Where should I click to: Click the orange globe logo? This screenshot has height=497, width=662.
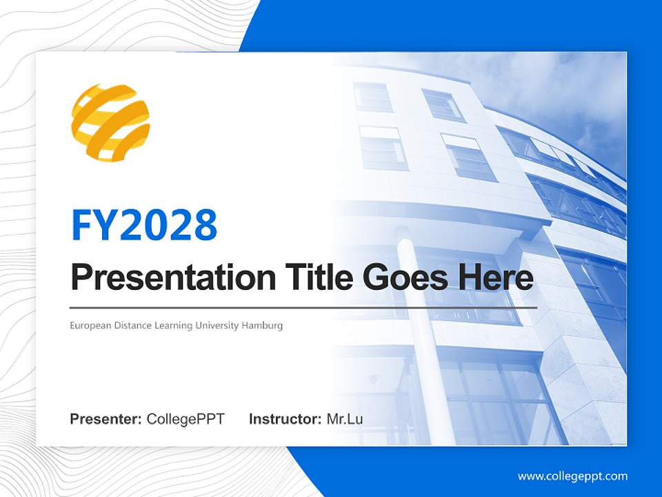pos(110,123)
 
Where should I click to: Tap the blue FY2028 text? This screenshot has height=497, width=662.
pos(144,225)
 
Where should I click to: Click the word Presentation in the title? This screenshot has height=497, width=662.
pos(173,277)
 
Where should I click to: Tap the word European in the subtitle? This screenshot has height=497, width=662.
pos(91,326)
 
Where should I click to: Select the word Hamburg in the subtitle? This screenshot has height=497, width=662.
pos(262,326)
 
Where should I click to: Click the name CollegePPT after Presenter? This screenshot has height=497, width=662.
pos(185,419)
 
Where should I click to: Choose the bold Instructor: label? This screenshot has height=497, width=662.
pos(285,419)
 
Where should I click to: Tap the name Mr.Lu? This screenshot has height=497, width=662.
pos(345,419)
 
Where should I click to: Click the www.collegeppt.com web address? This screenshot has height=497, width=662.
pos(572,476)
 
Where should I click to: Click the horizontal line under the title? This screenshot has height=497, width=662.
pos(303,308)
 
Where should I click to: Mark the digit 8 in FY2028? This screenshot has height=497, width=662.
pos(206,225)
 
